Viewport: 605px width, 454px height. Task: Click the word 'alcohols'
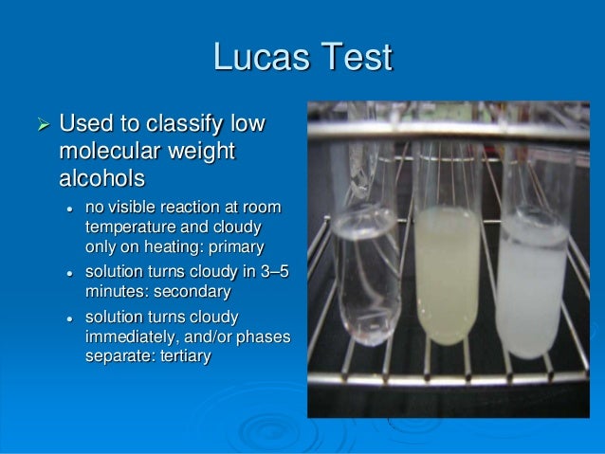point(101,178)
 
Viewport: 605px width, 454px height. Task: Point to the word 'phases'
point(259,336)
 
